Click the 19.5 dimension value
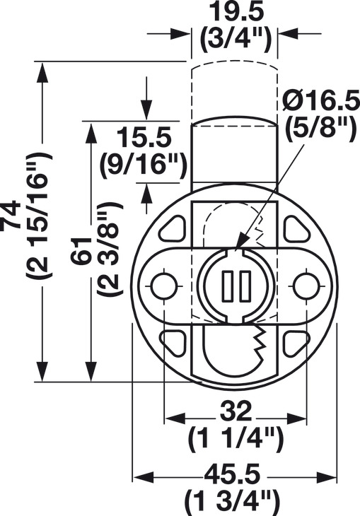tap(237, 12)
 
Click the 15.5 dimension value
tap(144, 138)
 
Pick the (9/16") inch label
tap(144, 165)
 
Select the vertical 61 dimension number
tap(81, 250)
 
